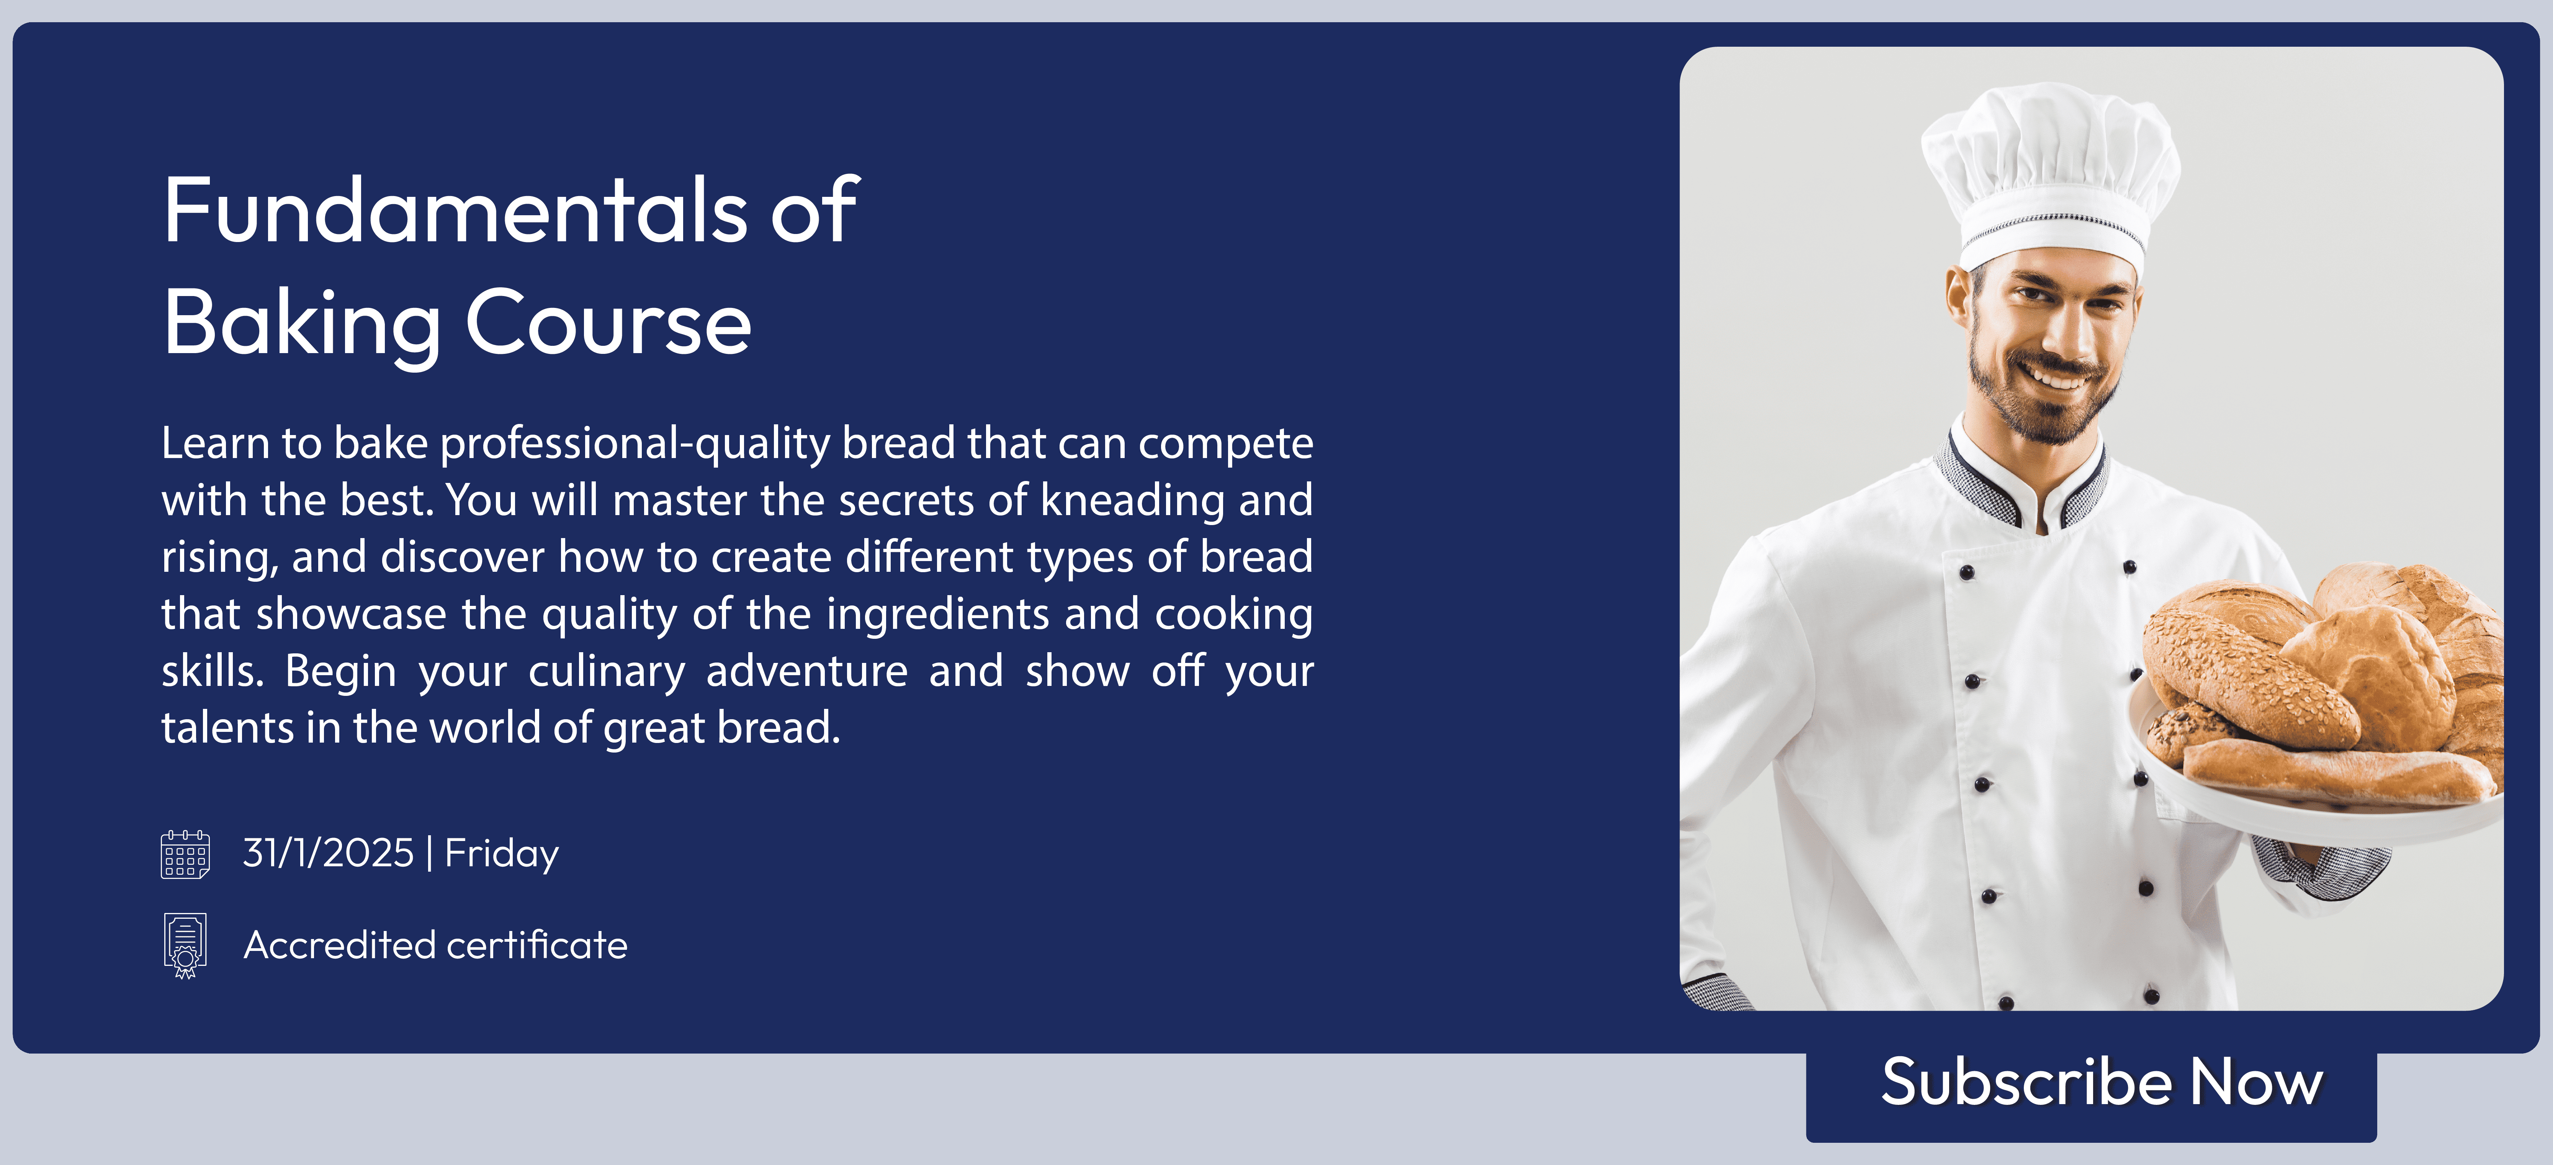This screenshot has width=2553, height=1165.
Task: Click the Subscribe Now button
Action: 2091,1086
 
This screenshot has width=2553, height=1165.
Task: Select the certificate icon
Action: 185,945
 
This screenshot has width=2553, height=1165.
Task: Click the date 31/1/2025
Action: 328,852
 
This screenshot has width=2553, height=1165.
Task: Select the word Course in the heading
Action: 608,322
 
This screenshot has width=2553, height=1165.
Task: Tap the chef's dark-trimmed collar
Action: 2022,481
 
